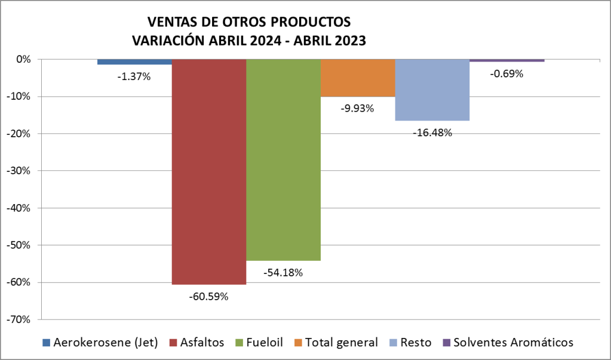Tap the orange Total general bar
(x=358, y=78)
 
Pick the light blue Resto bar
(x=432, y=90)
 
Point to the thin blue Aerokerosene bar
(x=135, y=61)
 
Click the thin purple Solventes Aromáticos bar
(x=506, y=60)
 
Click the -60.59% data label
(x=208, y=296)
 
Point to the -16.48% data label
(x=432, y=133)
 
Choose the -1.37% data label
(x=134, y=76)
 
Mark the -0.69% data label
(x=506, y=74)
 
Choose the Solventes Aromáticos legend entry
(x=508, y=342)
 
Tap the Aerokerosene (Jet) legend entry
(x=100, y=342)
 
